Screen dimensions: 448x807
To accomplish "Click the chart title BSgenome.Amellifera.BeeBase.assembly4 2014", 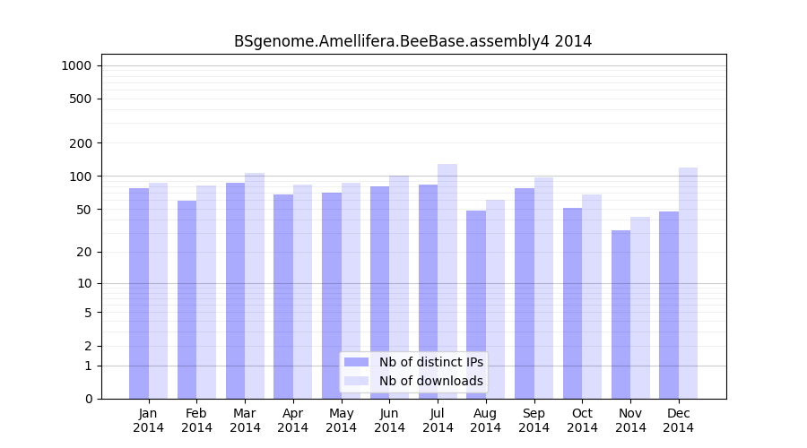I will tap(412, 41).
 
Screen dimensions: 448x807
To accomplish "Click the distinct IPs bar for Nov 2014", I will tap(620, 314).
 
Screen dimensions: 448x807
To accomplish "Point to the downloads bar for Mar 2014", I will tap(255, 286).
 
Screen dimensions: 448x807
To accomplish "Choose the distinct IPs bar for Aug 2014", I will tap(476, 305).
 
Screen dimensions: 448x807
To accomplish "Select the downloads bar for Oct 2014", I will tap(592, 297).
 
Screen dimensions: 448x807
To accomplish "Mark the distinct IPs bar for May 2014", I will tap(332, 296).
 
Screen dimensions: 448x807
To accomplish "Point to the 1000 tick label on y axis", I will tap(76, 65).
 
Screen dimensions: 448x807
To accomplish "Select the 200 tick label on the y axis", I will tap(80, 143).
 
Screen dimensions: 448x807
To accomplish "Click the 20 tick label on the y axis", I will tap(82, 252).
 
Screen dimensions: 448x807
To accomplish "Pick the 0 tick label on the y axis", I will tap(87, 399).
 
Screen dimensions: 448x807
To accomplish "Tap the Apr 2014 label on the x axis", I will tap(293, 420).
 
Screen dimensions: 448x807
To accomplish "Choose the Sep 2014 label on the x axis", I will tap(534, 420).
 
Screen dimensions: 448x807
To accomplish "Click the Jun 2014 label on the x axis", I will tap(389, 420).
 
